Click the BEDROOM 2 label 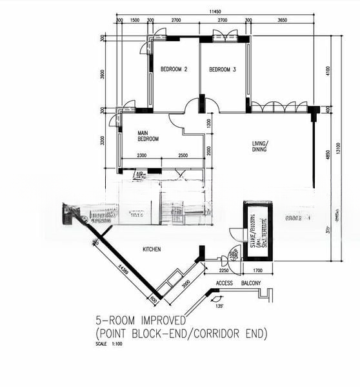tap(174, 69)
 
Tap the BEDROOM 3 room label tap(222, 69)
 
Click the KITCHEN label tap(151, 249)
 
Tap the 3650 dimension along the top tap(281, 21)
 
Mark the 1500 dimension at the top tap(135, 21)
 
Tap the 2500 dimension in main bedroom tap(183, 155)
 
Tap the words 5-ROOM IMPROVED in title tap(140, 321)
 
